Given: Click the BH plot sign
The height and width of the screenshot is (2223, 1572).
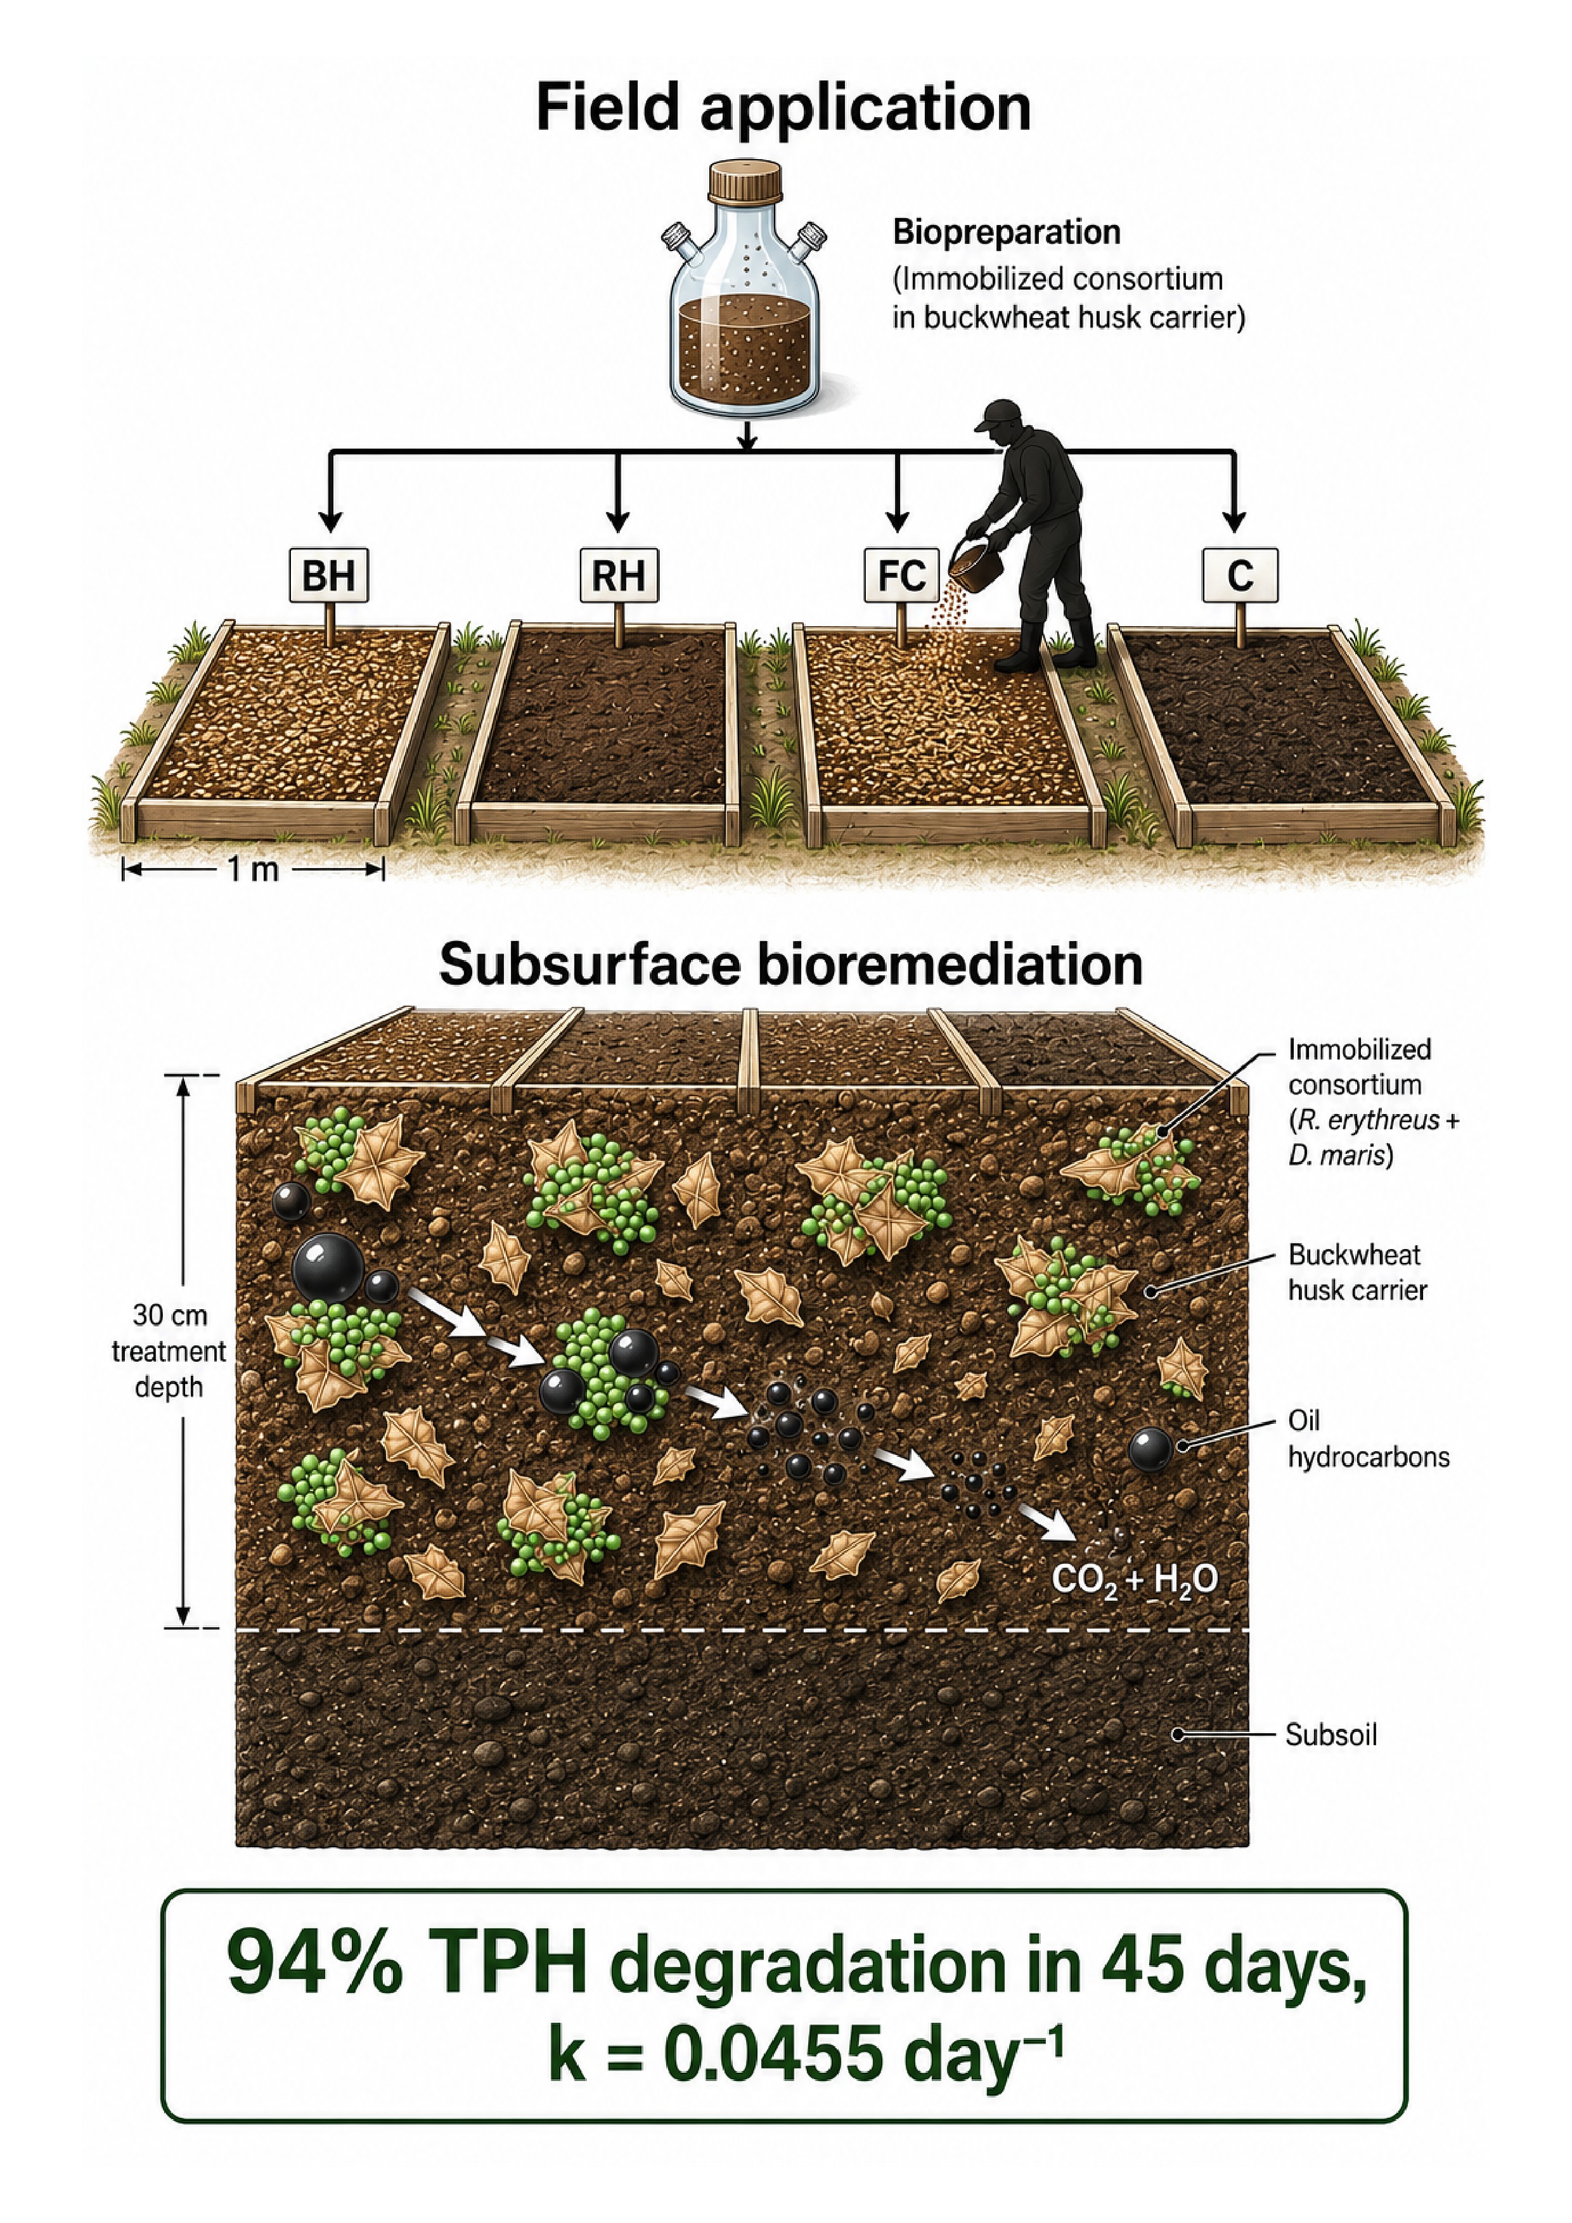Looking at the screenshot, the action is [330, 575].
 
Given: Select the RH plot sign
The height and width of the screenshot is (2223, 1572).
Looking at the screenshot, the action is [619, 575].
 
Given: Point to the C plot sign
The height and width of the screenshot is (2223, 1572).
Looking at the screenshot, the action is [1240, 575].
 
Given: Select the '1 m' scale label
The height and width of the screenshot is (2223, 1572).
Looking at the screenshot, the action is [253, 869].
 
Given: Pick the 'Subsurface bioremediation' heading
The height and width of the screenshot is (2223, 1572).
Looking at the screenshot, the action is [790, 965].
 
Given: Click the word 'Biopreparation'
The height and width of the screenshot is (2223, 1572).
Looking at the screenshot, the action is [1007, 233].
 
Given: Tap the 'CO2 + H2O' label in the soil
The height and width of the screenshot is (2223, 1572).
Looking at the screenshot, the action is [1134, 1580].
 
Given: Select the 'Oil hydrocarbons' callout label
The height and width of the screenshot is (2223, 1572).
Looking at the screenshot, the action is [1368, 1438].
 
